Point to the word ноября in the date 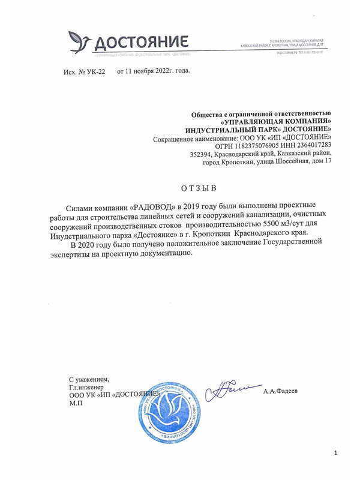(x=148, y=71)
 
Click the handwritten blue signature (x=231, y=390)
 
